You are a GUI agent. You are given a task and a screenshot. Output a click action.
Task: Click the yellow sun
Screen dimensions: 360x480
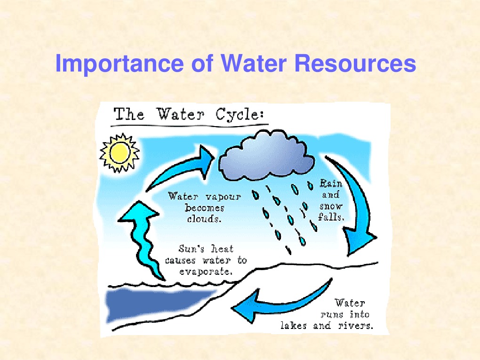point(120,152)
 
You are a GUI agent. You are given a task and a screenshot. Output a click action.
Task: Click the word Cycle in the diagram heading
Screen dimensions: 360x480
point(240,115)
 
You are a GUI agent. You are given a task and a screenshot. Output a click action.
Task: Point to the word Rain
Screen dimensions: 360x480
point(331,183)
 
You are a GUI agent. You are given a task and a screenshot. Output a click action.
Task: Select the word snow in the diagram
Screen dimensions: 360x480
point(331,206)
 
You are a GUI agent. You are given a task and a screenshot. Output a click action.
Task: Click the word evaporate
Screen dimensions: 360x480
point(205,272)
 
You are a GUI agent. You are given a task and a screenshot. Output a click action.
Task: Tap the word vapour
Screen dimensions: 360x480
point(223,196)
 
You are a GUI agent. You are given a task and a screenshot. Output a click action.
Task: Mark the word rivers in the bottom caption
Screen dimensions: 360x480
point(356,326)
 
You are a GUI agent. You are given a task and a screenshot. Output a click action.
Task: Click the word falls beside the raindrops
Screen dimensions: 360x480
point(331,217)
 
